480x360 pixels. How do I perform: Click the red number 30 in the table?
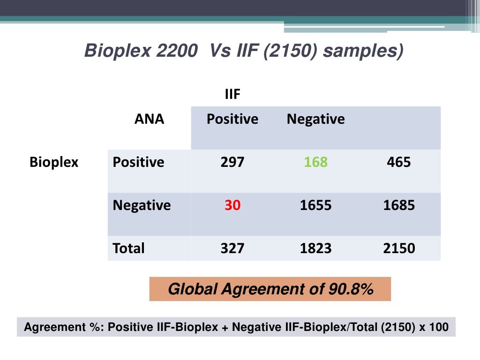[x=232, y=205]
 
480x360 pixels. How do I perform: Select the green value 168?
[x=315, y=162]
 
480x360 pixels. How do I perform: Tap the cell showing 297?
[x=232, y=162]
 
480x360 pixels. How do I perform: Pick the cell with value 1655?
[x=315, y=205]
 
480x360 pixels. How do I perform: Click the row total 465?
[x=399, y=162]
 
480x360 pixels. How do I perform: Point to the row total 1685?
[x=399, y=205]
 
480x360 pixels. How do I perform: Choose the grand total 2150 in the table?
[x=399, y=247]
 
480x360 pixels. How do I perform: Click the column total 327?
[x=232, y=247]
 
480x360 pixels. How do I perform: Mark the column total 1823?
[x=315, y=247]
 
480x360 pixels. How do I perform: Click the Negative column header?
[x=315, y=119]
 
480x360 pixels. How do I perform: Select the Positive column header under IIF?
[x=232, y=119]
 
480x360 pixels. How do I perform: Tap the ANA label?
[x=150, y=119]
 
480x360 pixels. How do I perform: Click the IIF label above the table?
[x=232, y=95]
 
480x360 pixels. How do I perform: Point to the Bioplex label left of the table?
[x=54, y=162]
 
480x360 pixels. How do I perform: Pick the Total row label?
[x=129, y=247]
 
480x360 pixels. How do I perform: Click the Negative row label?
[x=142, y=205]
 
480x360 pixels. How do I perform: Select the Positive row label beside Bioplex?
[x=138, y=162]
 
